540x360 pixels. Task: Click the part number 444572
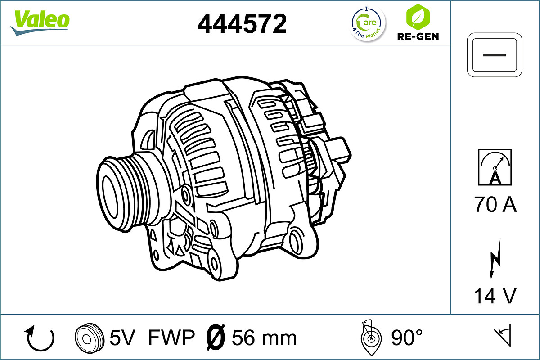pos(242,23)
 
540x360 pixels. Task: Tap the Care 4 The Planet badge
pos(368,24)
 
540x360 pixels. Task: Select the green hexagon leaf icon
pos(418,17)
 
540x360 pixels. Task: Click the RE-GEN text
pos(418,36)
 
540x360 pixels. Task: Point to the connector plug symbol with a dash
pos(495,55)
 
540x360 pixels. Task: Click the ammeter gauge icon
pos(495,167)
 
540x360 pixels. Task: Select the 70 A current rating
pos(495,204)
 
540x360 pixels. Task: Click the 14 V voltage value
pos(495,296)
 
